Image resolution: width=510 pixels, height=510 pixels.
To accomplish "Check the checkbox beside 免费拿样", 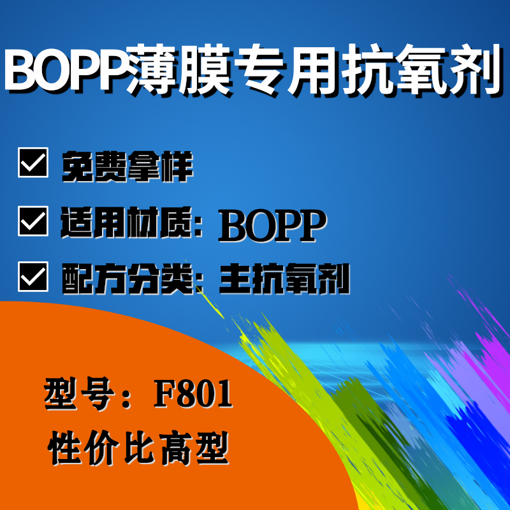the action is pos(33,163).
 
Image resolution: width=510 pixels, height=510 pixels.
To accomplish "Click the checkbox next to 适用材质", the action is pos(33,221).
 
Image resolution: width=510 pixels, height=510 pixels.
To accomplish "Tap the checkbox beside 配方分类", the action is pos(33,277).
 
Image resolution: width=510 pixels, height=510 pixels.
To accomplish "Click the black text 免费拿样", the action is pos(127,166).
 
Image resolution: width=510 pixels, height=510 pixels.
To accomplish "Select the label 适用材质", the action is pos(126,222).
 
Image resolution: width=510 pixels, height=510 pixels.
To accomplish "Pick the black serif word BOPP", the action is pos(273,225).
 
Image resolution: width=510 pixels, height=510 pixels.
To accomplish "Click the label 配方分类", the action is pos(127,279).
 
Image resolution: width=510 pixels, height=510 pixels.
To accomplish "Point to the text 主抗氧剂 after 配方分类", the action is pos(284,279).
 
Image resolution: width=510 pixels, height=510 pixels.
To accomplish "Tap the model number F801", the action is pos(193,393).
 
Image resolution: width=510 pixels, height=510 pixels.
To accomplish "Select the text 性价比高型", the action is pos(138,448).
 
